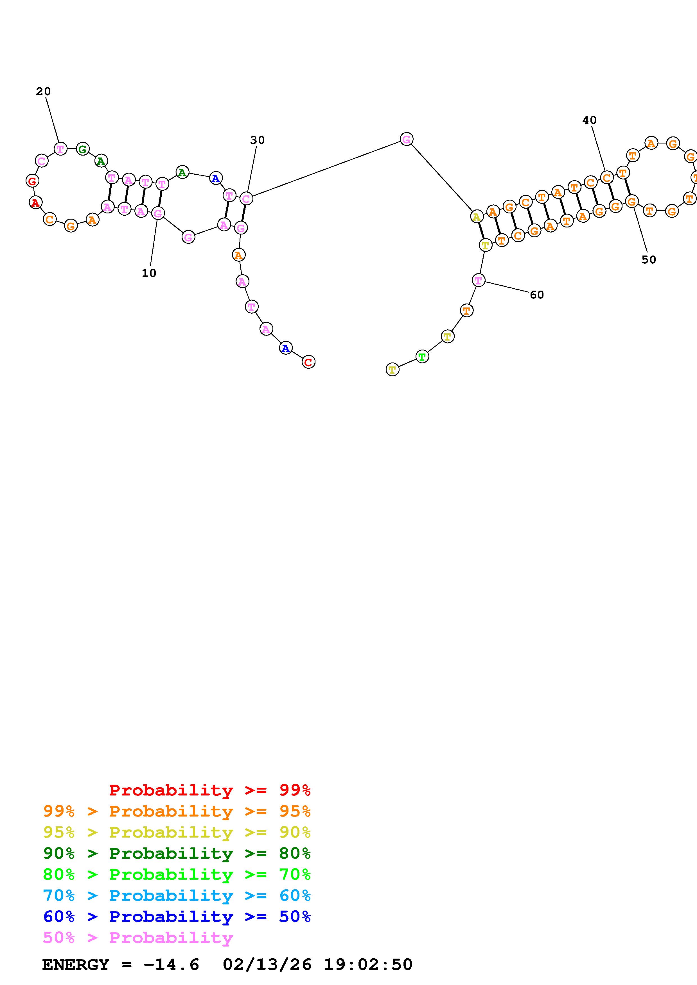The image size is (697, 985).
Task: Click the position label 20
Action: click(x=43, y=91)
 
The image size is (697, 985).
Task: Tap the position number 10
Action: click(x=149, y=273)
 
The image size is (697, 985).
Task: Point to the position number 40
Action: click(x=589, y=120)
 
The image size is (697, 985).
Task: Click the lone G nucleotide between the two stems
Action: click(x=406, y=139)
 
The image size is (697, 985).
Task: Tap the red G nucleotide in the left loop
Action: click(x=32, y=181)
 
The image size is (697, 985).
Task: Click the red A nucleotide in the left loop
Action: click(x=36, y=202)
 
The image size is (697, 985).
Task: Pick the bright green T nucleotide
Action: click(x=422, y=357)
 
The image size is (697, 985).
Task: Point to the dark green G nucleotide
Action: click(x=82, y=149)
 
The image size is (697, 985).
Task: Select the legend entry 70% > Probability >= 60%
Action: click(x=177, y=896)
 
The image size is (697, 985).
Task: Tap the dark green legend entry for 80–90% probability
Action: click(x=177, y=854)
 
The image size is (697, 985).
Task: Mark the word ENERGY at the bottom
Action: click(x=76, y=965)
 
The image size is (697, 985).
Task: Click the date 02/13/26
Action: click(x=267, y=965)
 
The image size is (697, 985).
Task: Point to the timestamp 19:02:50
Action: click(x=368, y=965)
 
